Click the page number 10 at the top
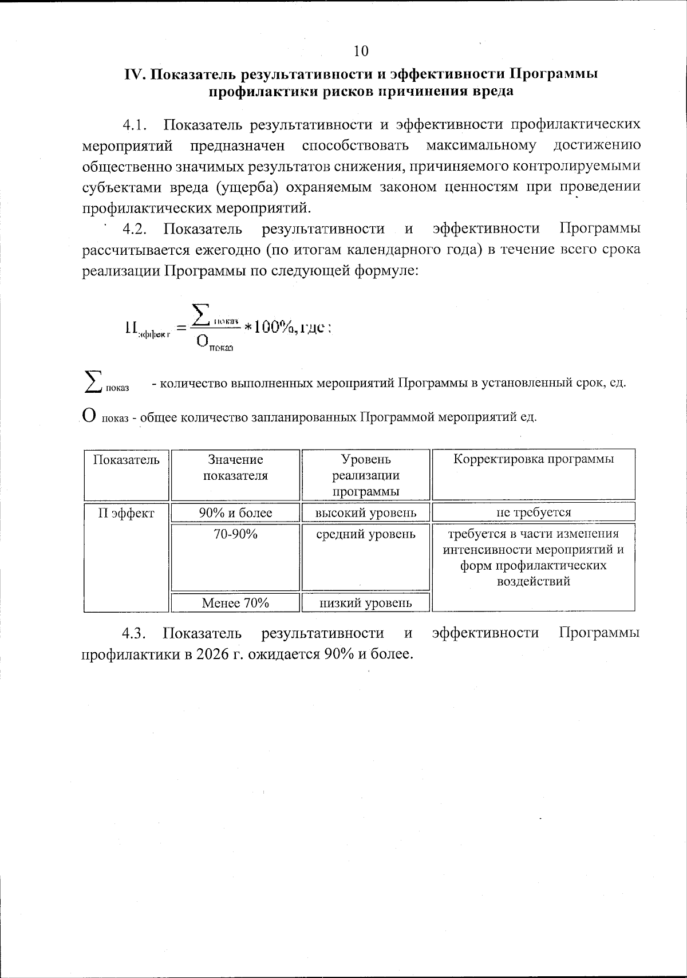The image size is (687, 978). click(x=361, y=51)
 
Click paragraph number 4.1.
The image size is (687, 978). click(x=135, y=125)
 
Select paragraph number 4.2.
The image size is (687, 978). click(x=135, y=229)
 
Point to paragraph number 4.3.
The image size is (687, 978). click(x=135, y=633)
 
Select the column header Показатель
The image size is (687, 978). click(x=127, y=460)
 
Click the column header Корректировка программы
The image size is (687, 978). click(x=534, y=459)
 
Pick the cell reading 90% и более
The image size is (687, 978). click(x=235, y=513)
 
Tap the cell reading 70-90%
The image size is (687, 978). click(x=235, y=534)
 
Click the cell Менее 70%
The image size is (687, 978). click(x=235, y=602)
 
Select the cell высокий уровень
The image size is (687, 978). click(x=366, y=513)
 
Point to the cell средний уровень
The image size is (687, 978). click(x=366, y=534)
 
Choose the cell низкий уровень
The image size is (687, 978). click(x=366, y=602)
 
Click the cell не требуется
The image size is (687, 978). click(x=534, y=512)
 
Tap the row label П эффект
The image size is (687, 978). click(x=127, y=513)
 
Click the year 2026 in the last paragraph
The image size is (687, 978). click(x=213, y=654)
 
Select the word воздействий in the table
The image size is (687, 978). click(x=534, y=582)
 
